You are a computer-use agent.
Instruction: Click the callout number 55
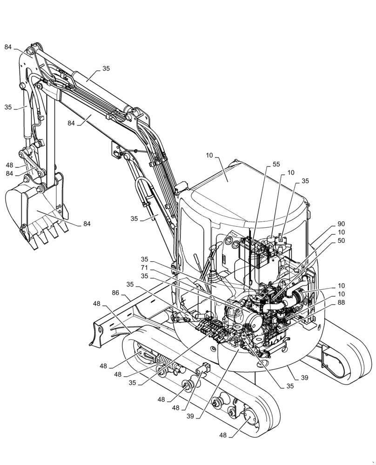pos(276,165)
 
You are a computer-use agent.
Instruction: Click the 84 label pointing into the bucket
pos(87,224)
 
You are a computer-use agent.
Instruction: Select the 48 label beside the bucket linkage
pos(9,165)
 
